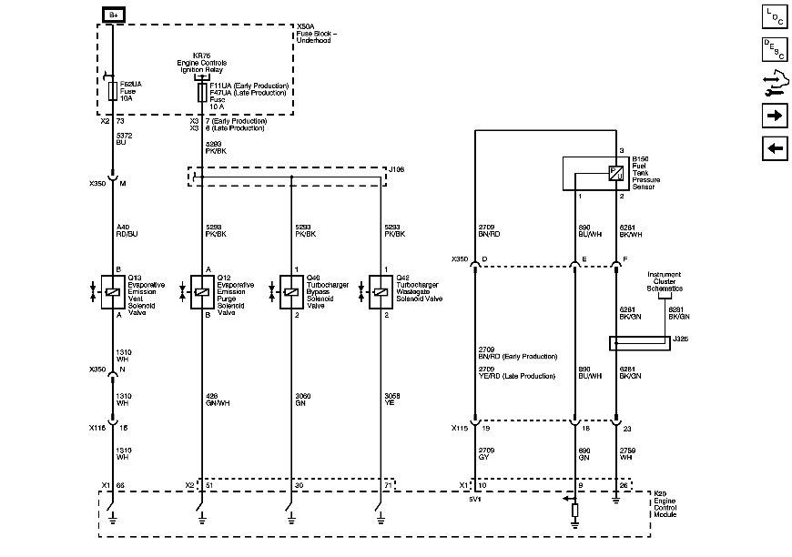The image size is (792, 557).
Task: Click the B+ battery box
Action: [113, 14]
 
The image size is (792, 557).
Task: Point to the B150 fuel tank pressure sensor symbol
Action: [615, 173]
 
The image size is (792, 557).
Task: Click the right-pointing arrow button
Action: [774, 116]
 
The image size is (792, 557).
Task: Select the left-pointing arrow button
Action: [774, 149]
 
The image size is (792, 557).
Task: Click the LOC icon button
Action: [774, 15]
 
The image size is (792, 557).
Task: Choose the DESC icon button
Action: [774, 49]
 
